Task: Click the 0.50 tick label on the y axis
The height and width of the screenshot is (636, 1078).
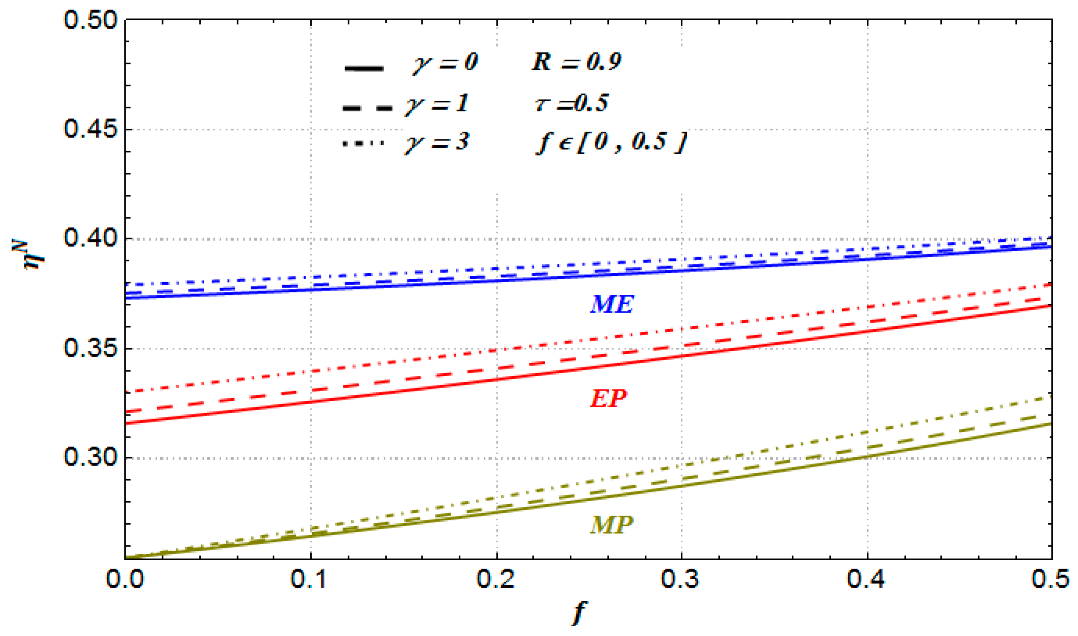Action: [x=90, y=20]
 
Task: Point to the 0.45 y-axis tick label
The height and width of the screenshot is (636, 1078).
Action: [x=90, y=129]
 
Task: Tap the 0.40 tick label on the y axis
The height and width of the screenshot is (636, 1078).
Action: [x=90, y=238]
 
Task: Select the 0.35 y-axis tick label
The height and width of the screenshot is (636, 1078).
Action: [x=90, y=349]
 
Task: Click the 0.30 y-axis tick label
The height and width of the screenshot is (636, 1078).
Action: [x=90, y=458]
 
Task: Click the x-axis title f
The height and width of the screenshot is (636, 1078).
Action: [x=579, y=614]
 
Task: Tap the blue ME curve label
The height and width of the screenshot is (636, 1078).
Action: [x=612, y=305]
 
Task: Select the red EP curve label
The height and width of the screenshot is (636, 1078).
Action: [x=608, y=399]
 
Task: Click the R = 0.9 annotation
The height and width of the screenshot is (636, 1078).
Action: [x=576, y=62]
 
